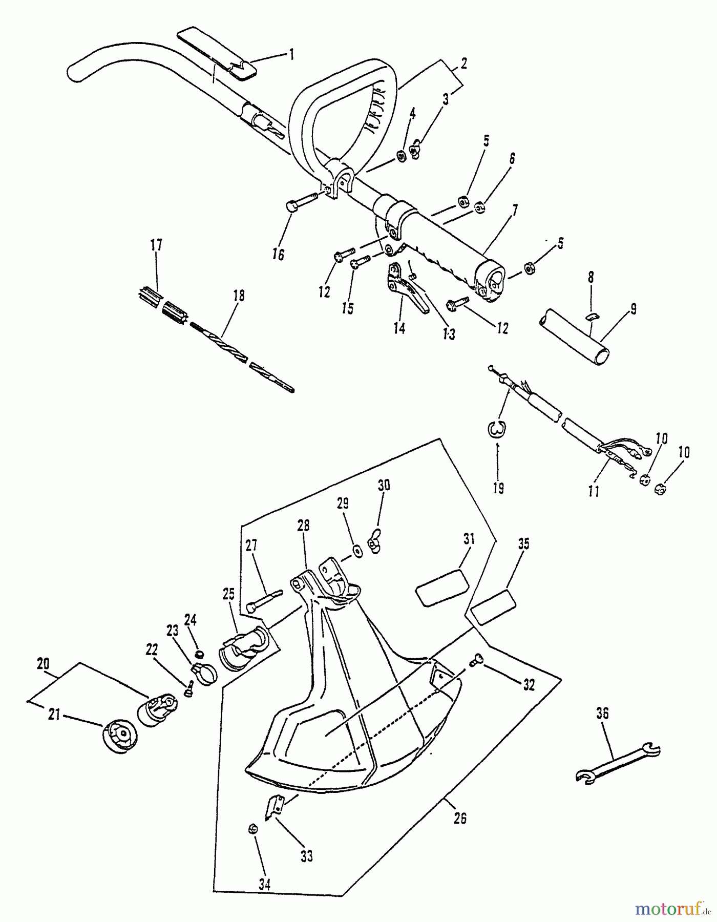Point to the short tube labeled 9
tap(574, 336)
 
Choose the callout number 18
tap(239, 296)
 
